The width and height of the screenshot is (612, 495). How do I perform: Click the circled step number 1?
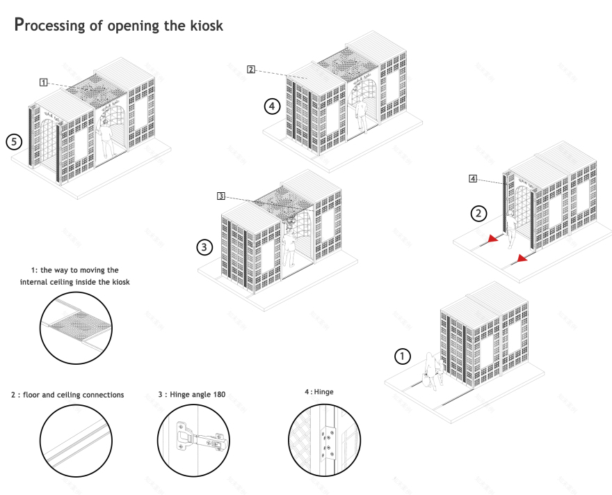(x=401, y=356)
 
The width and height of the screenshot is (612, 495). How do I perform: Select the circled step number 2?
(x=477, y=213)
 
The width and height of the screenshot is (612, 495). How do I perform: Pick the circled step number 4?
(x=271, y=107)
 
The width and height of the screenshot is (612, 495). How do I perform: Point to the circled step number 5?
(x=12, y=141)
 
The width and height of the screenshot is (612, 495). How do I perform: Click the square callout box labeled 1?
(x=43, y=82)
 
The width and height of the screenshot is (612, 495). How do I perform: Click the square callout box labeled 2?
(x=251, y=69)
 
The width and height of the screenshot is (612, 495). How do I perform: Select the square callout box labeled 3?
(x=220, y=196)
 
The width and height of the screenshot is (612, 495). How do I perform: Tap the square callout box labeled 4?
(x=473, y=180)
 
